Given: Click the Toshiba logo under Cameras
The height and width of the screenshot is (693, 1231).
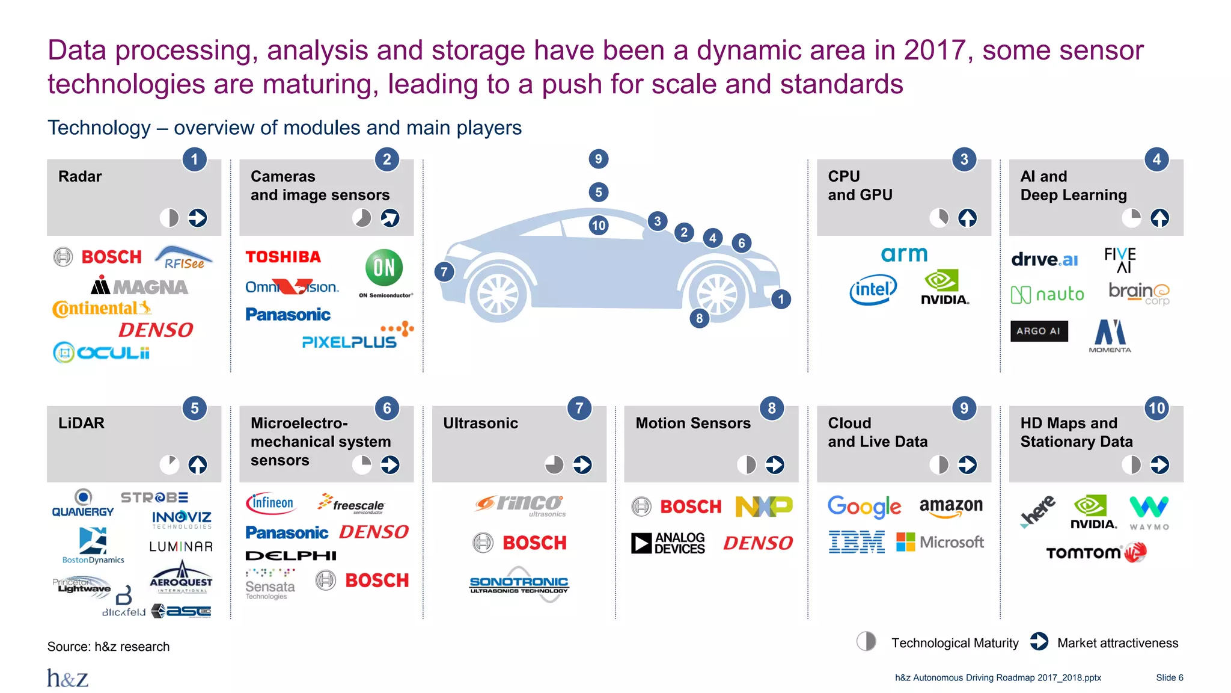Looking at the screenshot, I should tap(283, 257).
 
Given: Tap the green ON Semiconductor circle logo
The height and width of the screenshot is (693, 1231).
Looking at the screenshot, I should tap(384, 268).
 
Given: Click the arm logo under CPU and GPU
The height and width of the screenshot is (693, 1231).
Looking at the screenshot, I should tap(904, 254).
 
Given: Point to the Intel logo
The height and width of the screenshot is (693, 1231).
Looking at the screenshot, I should tap(873, 290).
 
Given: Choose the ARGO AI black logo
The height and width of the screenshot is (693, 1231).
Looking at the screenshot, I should tap(1039, 331).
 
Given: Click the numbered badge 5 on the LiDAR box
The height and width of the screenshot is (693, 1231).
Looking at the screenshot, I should tap(194, 408).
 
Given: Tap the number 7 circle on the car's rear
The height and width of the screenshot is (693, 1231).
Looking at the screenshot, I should tap(444, 272).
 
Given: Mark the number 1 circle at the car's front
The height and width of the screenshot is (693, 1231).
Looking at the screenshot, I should tap(780, 299).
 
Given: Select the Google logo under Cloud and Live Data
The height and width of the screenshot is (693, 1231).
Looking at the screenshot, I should tap(864, 507).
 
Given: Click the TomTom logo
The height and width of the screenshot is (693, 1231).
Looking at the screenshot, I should tap(1096, 552).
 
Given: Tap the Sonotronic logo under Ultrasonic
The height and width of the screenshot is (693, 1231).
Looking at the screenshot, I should tap(519, 584).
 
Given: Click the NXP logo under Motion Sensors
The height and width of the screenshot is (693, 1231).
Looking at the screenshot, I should tap(763, 507).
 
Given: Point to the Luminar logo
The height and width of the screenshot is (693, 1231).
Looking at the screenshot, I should tap(181, 547).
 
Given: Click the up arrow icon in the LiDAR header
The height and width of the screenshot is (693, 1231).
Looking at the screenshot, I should tap(198, 464).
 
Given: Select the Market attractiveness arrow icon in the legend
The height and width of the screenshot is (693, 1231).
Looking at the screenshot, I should tap(1039, 642).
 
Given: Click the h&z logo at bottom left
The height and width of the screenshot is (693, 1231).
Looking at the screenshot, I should tap(68, 678).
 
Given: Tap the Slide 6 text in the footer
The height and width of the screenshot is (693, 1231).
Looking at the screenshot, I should tap(1169, 678).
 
